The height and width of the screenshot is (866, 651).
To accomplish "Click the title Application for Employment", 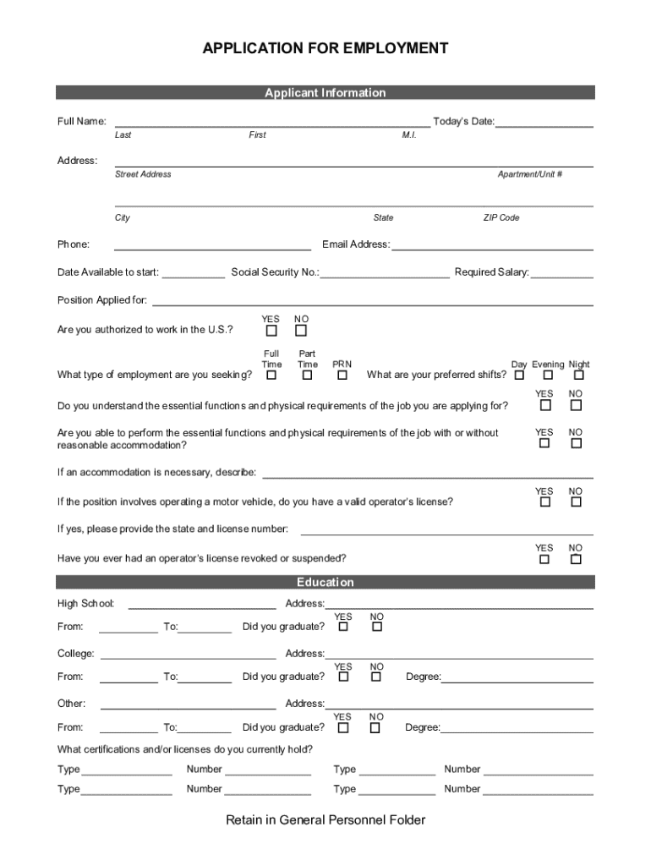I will tap(325, 49).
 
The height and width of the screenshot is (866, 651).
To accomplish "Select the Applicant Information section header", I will tap(325, 93).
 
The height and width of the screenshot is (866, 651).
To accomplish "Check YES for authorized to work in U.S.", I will tap(271, 331).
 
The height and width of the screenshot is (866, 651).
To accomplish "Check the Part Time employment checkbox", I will tap(308, 375).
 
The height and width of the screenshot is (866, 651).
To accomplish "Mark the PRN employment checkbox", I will tap(342, 375).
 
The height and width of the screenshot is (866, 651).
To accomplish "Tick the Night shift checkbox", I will tap(579, 375).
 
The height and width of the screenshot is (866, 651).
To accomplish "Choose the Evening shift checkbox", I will tap(548, 375).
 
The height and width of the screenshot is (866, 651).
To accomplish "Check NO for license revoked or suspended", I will tap(576, 559).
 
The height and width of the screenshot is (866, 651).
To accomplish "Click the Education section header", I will tap(325, 583).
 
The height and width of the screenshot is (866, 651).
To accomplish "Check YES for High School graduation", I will tap(343, 627).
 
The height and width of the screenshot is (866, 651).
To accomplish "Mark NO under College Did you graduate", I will tap(376, 677).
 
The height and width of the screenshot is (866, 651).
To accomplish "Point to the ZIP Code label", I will tap(501, 218).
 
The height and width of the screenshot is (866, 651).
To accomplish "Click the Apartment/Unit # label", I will tap(530, 174).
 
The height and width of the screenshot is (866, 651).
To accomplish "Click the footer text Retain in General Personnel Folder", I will tap(325, 820).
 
